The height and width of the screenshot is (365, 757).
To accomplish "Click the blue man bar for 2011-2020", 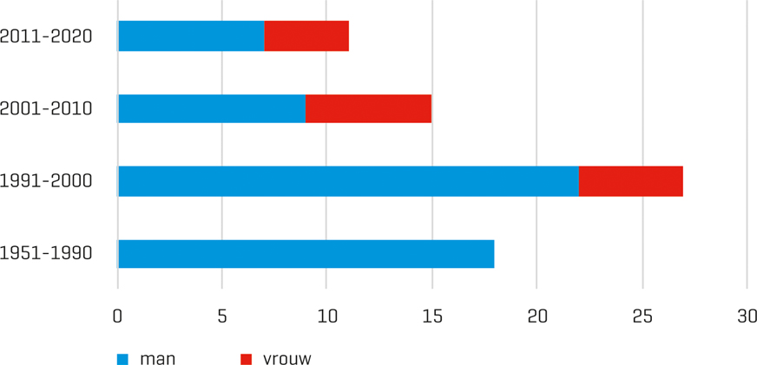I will [x=191, y=36].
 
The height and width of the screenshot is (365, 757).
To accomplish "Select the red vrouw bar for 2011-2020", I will [x=306, y=36].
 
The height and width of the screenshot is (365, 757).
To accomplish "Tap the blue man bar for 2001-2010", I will [x=212, y=108].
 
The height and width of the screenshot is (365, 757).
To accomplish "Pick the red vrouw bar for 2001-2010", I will [x=368, y=108].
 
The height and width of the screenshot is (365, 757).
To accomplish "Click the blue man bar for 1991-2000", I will [x=348, y=181].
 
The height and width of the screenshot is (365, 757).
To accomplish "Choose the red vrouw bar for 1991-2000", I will [x=631, y=181].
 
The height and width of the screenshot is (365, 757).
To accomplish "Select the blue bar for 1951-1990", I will [x=306, y=254].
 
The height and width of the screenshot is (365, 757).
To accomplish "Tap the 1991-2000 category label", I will [x=46, y=181].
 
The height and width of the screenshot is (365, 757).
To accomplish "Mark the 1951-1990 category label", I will [x=46, y=254].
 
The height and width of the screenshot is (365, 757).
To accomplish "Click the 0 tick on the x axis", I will [x=117, y=316].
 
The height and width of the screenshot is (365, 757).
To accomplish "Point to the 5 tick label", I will [x=222, y=316].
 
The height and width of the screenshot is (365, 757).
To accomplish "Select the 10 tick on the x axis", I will [x=326, y=316].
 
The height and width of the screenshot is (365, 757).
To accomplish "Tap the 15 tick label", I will [x=432, y=316].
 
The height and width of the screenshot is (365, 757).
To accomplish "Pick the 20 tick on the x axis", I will [x=537, y=316].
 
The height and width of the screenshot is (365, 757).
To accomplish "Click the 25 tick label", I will [x=642, y=316].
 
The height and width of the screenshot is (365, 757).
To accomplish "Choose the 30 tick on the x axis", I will [x=747, y=316].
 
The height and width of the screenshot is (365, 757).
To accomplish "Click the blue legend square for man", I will [x=122, y=359].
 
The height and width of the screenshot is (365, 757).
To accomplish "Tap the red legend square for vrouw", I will [x=246, y=359].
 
